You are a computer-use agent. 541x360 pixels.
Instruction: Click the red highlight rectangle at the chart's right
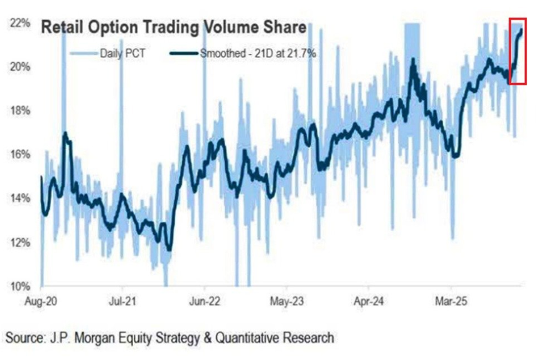(517, 51)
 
